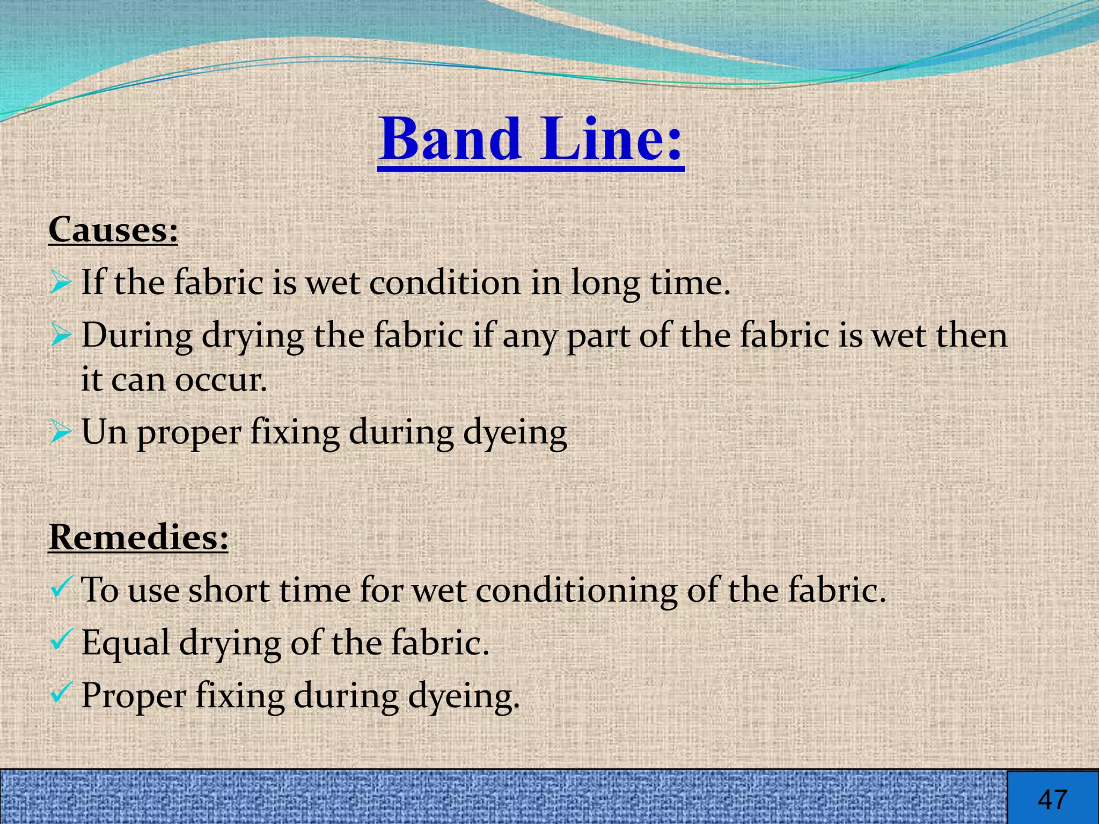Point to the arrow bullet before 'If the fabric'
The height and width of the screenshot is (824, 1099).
coord(60,282)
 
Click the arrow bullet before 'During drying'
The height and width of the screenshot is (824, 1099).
coord(60,336)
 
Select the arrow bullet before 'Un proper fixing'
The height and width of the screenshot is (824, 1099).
coord(60,432)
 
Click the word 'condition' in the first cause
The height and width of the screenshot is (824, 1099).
coord(445,282)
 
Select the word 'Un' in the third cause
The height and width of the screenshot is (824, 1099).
coord(104,432)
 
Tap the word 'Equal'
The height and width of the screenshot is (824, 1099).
coord(126,643)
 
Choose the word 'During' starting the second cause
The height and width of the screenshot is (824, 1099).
coord(137,336)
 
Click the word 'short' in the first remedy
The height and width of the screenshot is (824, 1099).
coord(229,590)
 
